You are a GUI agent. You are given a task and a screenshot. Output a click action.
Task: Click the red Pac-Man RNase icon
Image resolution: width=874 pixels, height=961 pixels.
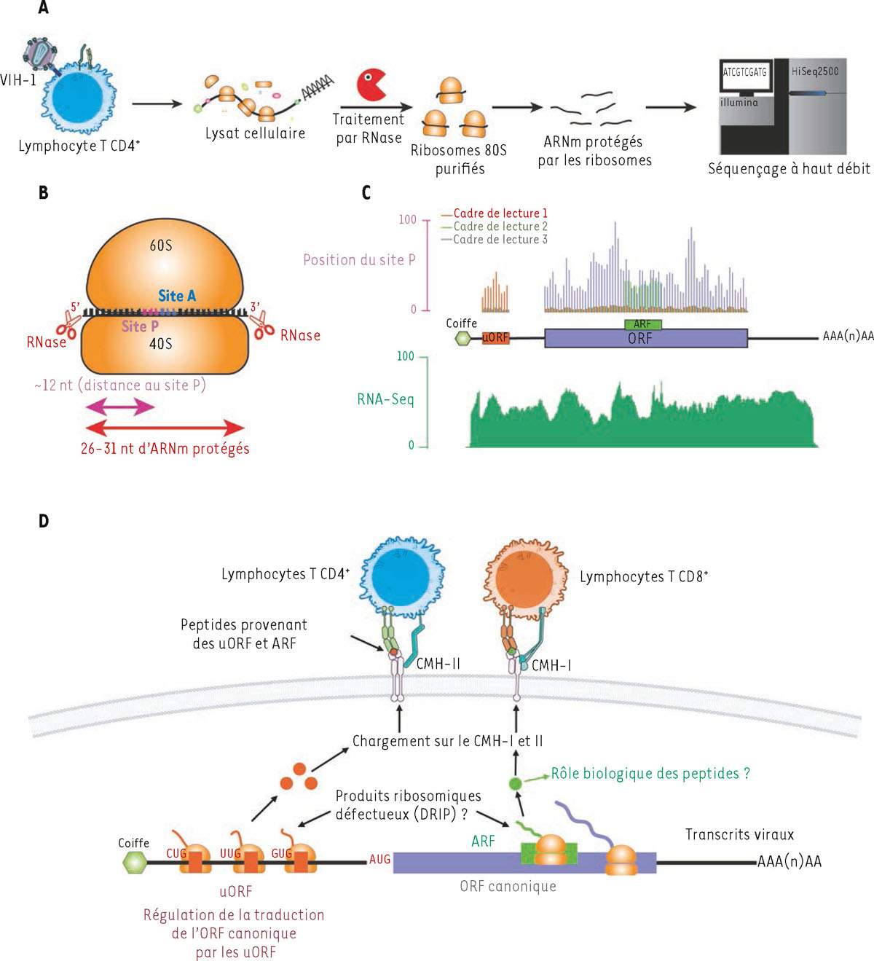pos(371,85)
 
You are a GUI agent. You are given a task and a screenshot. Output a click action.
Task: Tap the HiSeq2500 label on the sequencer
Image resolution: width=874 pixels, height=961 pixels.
pos(815,71)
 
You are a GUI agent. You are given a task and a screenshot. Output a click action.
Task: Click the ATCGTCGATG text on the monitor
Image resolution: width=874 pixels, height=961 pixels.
pos(744,72)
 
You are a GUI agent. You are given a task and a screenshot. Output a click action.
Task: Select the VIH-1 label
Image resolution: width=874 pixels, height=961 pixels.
pos(18,80)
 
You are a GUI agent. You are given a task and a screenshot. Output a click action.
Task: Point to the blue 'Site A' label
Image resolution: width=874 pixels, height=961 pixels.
pos(177,296)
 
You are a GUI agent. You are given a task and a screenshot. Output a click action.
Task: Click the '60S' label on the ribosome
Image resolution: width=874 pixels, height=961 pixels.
pos(161,246)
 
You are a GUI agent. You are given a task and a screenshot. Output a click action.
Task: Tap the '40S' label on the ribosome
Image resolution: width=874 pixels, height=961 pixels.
pos(160,343)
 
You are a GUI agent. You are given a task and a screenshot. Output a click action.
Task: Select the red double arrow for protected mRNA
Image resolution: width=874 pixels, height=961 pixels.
pos(165,428)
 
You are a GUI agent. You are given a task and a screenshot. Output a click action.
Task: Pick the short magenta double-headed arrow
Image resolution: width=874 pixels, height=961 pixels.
pos(120,407)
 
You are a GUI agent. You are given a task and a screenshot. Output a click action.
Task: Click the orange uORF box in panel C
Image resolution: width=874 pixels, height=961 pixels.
pos(495,338)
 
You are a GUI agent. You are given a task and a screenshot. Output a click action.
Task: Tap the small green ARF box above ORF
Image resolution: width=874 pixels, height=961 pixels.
pos(642,324)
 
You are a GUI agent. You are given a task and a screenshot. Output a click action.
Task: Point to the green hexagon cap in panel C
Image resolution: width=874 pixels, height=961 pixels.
pos(462,338)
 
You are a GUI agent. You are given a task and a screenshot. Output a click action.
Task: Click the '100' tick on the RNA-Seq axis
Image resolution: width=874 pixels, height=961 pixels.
pos(405,356)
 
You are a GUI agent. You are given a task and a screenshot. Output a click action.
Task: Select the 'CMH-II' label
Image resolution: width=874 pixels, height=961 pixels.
pos(438,664)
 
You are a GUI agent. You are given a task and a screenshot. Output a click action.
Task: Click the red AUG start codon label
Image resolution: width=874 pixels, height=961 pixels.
pos(379,860)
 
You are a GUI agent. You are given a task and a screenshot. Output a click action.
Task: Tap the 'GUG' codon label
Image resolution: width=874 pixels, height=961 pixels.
pos(281,854)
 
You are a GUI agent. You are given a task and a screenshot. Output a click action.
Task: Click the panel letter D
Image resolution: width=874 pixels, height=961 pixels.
pos(44,521)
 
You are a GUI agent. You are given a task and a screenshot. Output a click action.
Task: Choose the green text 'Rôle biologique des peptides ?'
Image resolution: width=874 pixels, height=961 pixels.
pos(650,774)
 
